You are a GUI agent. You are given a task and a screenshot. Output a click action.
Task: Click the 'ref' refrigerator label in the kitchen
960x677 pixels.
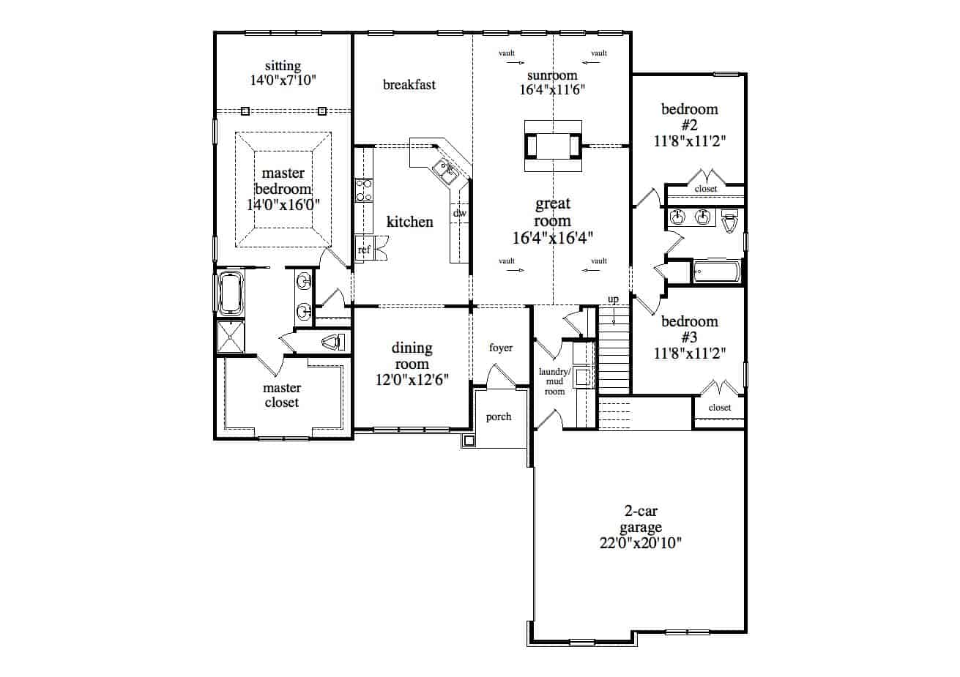[364, 250]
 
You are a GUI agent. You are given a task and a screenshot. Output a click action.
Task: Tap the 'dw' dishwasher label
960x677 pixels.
[459, 213]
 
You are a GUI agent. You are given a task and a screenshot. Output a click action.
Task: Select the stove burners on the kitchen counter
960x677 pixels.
[363, 190]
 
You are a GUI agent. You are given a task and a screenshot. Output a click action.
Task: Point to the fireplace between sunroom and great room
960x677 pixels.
[553, 146]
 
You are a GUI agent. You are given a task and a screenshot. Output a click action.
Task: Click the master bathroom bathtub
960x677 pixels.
[231, 293]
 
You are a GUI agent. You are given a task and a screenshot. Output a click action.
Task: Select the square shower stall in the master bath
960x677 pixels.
[231, 337]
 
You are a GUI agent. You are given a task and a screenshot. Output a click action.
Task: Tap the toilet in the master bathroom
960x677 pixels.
[333, 343]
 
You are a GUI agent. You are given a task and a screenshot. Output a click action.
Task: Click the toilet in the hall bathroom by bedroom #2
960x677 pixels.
[729, 220]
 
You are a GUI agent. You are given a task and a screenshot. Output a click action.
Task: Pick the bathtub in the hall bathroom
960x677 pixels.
[717, 272]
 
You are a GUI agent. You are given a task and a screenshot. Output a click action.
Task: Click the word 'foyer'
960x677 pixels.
[501, 348]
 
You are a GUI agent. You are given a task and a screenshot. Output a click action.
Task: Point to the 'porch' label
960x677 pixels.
[499, 416]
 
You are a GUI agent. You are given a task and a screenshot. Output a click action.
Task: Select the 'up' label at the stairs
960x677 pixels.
[614, 299]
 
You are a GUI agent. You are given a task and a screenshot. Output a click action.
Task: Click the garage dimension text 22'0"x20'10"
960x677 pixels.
[640, 543]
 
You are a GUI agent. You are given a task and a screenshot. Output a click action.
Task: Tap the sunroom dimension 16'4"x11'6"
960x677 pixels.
[552, 90]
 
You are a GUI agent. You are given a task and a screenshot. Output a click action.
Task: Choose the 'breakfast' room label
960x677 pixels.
[409, 84]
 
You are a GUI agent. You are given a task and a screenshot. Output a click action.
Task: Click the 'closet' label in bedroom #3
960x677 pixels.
[720, 408]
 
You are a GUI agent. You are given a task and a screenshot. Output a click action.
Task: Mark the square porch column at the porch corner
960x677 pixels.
[469, 440]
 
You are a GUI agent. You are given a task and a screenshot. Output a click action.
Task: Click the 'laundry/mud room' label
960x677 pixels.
[554, 381]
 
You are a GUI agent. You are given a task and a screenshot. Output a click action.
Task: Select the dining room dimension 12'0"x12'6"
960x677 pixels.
[412, 380]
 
